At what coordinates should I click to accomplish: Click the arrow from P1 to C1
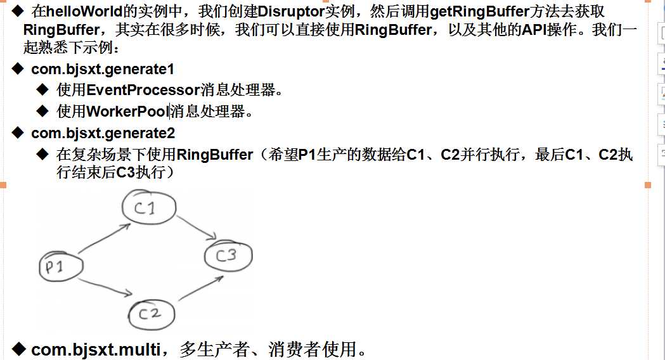(105, 238)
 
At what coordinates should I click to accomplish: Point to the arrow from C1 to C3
(197, 228)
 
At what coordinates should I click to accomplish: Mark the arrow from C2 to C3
(201, 288)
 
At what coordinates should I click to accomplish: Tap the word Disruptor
(291, 11)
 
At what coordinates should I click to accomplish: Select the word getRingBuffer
(480, 11)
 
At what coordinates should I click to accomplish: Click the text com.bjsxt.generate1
(103, 69)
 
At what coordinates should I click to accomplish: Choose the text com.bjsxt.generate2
(103, 133)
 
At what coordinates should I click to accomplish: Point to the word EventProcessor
(143, 90)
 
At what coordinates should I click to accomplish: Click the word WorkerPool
(127, 112)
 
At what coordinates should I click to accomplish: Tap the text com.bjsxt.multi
(96, 350)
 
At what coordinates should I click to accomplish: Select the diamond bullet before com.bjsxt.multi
(18, 349)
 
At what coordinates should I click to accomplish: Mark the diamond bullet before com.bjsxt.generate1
(18, 68)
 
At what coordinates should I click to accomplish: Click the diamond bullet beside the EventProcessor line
(43, 89)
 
